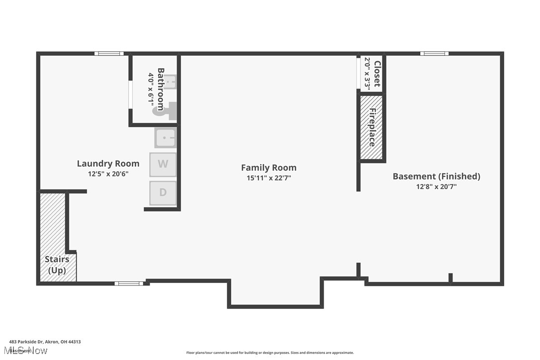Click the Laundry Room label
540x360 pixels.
coord(108,164)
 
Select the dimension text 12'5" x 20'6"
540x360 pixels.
coord(108,174)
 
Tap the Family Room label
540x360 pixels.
coord(269,168)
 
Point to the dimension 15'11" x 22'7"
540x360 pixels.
coord(269,178)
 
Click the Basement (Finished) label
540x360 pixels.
coord(436,176)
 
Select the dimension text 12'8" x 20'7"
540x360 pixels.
coord(436,187)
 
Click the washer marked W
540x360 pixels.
coord(163,164)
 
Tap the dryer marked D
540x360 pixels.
coord(163,193)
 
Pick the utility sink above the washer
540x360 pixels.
coord(165,137)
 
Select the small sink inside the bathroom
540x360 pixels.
coord(171,82)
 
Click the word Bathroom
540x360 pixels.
coord(161,89)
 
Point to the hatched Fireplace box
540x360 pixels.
coord(371,127)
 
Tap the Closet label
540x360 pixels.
coord(377,74)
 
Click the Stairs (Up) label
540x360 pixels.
coord(57,265)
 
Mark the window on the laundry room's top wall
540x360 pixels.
coord(109,54)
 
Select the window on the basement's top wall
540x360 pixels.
coord(434,54)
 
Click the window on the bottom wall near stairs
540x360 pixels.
coord(129,283)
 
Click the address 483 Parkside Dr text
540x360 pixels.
coord(45,342)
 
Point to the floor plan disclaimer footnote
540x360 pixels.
coord(270,353)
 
